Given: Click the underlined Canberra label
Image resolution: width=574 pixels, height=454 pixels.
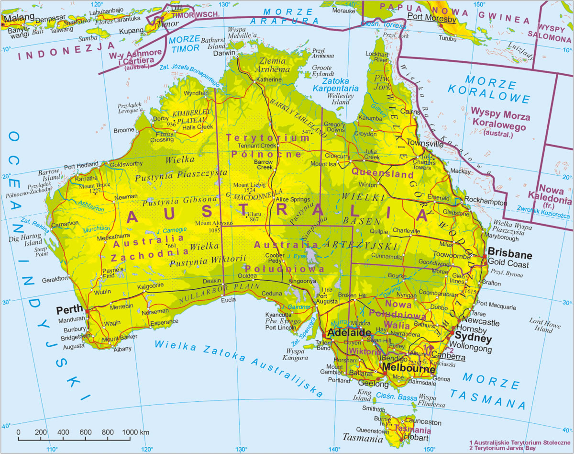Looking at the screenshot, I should [x=448, y=357].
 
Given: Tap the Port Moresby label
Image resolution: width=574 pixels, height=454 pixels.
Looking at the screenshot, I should [x=431, y=20].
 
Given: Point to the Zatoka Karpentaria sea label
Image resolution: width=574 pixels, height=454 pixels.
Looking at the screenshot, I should [x=335, y=85].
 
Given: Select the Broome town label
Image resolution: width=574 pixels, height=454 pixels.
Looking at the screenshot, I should [x=124, y=130].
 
